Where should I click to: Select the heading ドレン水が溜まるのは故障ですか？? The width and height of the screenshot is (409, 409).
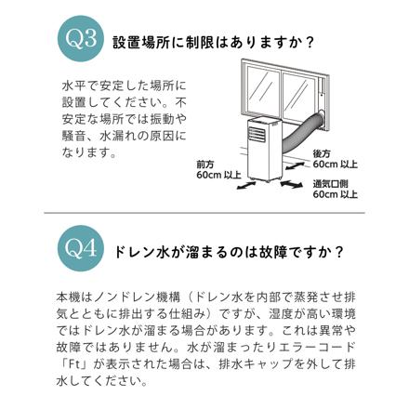[x=229, y=251]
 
